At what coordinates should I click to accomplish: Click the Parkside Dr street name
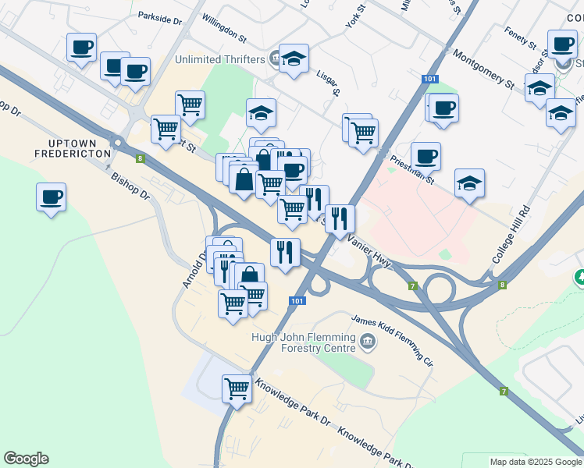[159, 16]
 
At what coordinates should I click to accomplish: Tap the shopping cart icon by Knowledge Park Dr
[237, 388]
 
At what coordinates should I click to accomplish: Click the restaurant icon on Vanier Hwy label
[340, 218]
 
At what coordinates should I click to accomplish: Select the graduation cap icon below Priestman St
[469, 184]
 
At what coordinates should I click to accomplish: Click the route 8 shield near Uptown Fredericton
[139, 159]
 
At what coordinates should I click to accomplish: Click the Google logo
[26, 459]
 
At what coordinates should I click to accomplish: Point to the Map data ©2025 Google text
[535, 462]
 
